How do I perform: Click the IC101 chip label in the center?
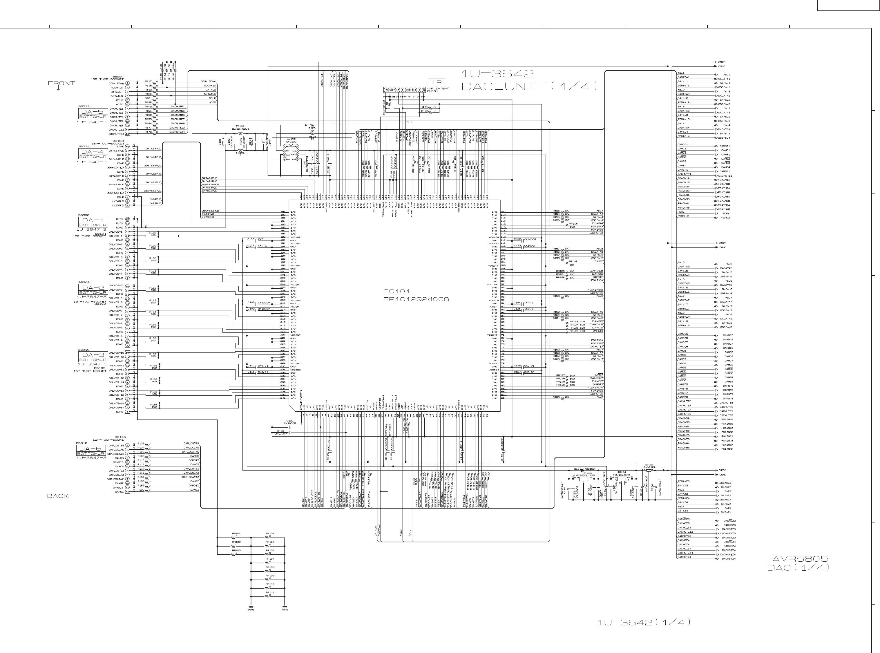pos(397,291)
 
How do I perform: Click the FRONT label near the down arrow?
pos(61,83)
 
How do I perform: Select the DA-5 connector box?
pos(93,112)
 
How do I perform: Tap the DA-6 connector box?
pos(90,449)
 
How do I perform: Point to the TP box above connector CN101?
pos(436,82)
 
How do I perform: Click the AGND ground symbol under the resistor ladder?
pos(285,607)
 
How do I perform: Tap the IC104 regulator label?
pos(621,472)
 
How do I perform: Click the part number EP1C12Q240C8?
pos(416,299)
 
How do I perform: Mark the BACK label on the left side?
pos(58,496)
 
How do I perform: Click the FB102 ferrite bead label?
pos(240,126)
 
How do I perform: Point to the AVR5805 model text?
pos(800,559)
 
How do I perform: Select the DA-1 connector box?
pos(93,220)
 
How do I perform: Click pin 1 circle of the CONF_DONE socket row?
pos(128,84)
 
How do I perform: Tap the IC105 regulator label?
pos(649,465)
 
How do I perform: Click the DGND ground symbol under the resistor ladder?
pos(251,607)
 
